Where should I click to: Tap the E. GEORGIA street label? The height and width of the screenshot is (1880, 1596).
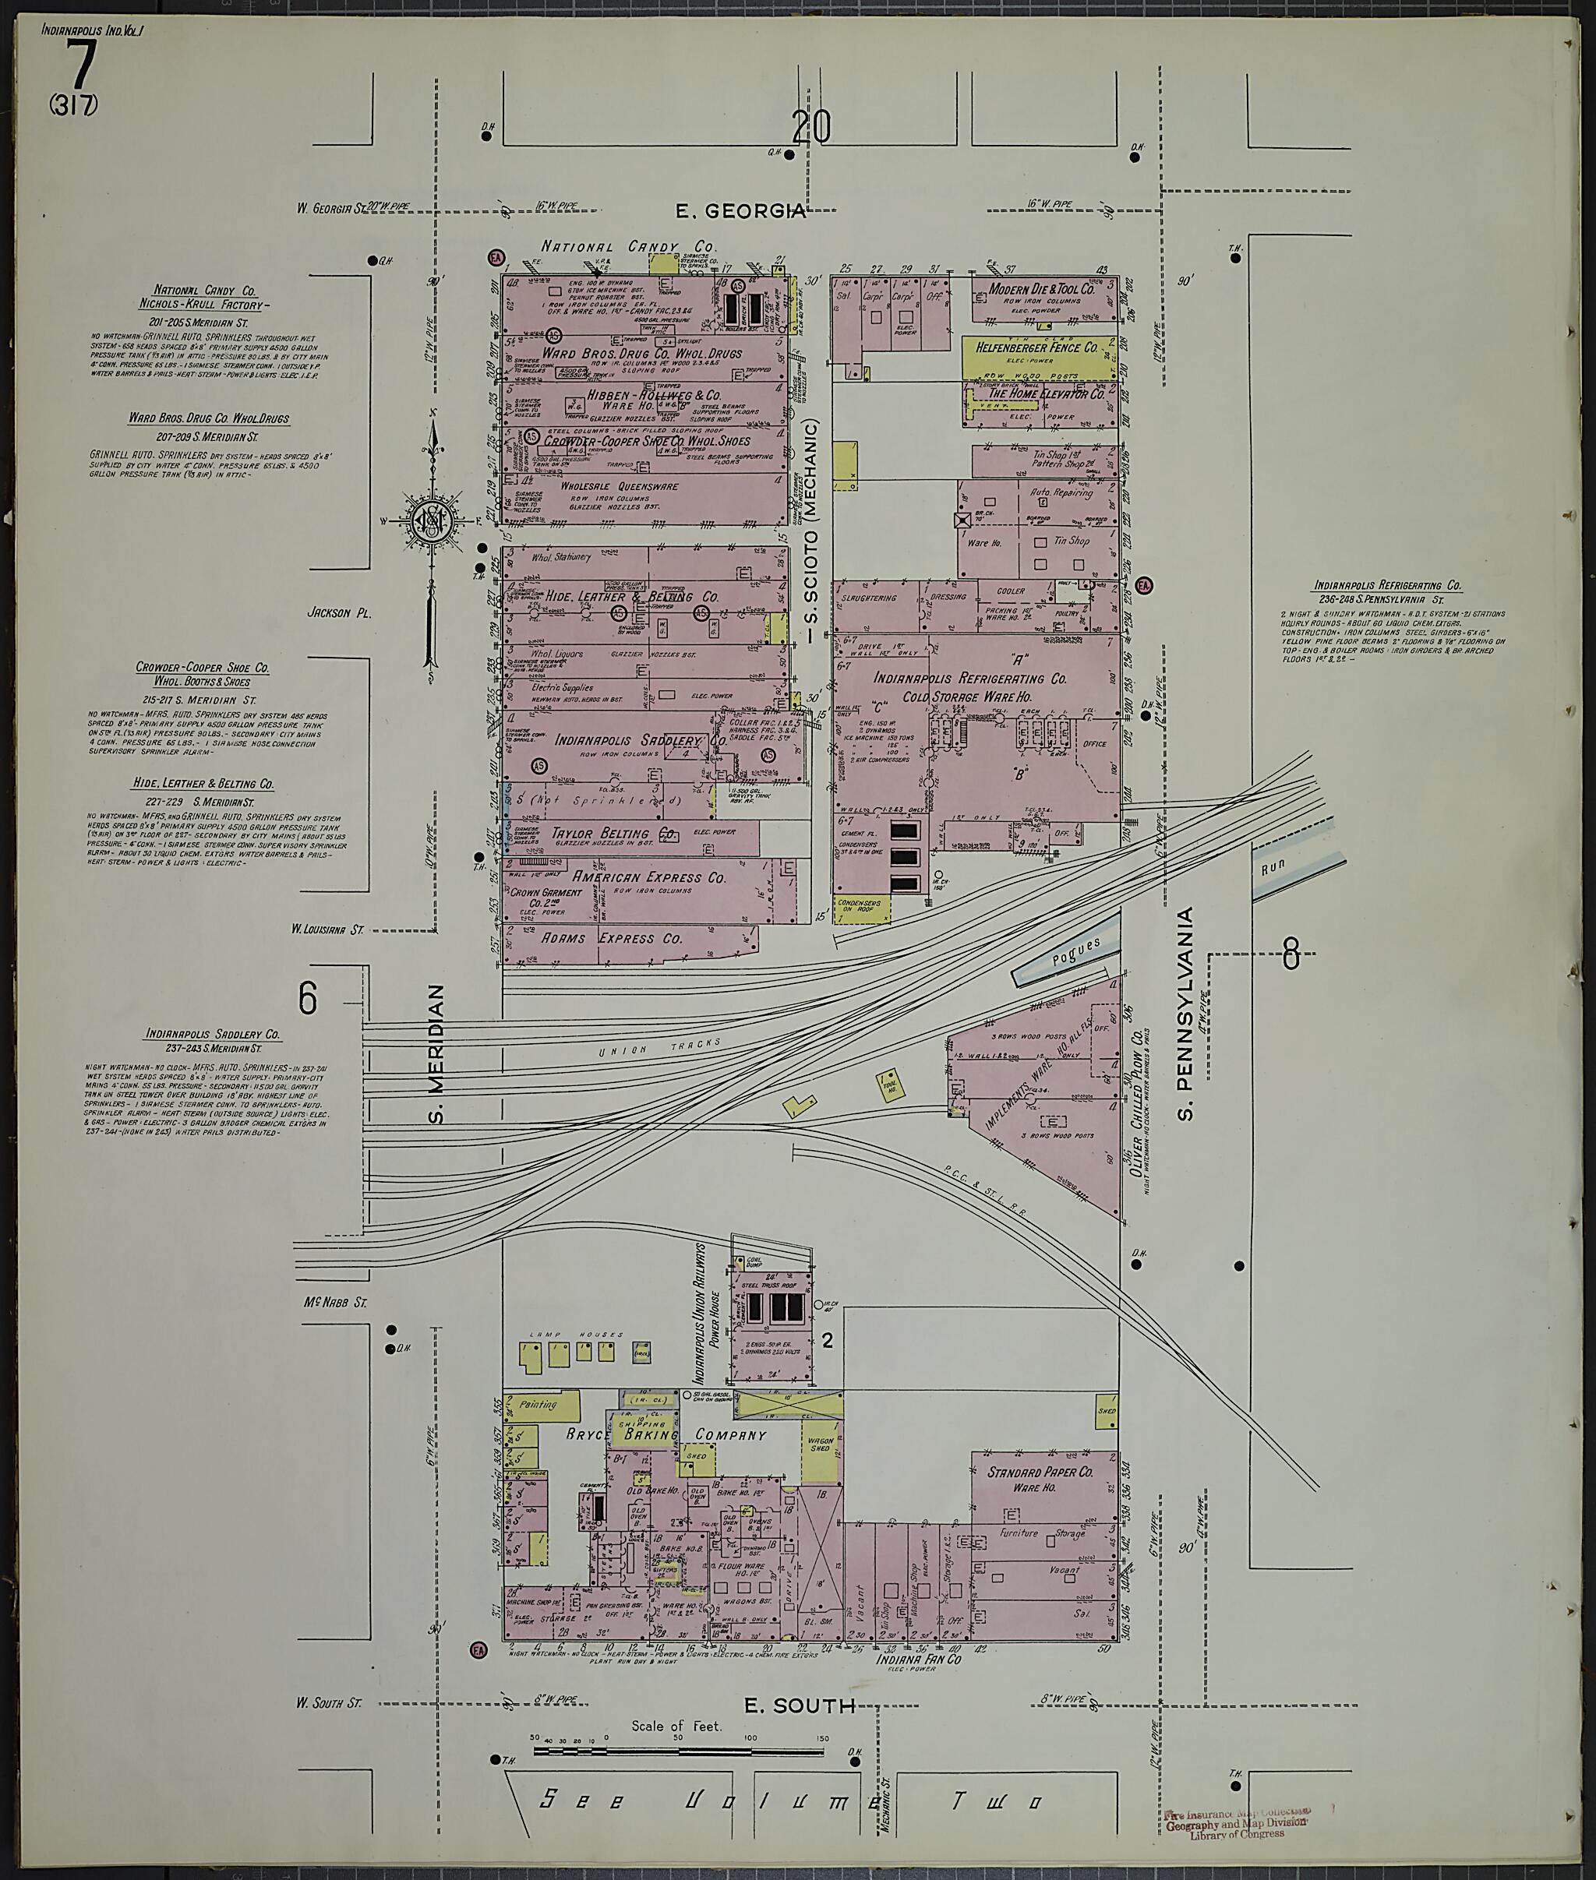tap(741, 211)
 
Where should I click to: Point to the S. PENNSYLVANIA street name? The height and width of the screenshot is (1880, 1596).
tap(1186, 1014)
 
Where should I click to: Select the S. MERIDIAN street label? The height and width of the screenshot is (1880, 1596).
tap(438, 1054)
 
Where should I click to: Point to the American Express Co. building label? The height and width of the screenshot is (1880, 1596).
tap(648, 877)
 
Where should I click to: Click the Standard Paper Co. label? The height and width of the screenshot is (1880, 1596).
tap(1040, 1472)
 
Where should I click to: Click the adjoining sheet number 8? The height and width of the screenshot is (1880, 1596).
tap(1291, 954)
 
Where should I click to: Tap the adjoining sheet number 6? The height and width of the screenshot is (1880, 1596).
tap(308, 999)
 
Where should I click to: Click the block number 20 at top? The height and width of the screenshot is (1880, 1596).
tap(810, 128)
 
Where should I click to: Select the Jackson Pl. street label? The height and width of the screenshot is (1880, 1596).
tap(339, 612)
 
